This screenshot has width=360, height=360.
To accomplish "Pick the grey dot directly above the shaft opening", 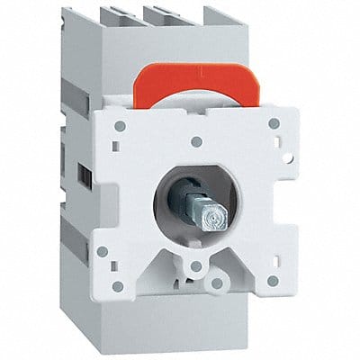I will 197,142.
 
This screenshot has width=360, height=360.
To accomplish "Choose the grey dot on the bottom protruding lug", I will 216,283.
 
